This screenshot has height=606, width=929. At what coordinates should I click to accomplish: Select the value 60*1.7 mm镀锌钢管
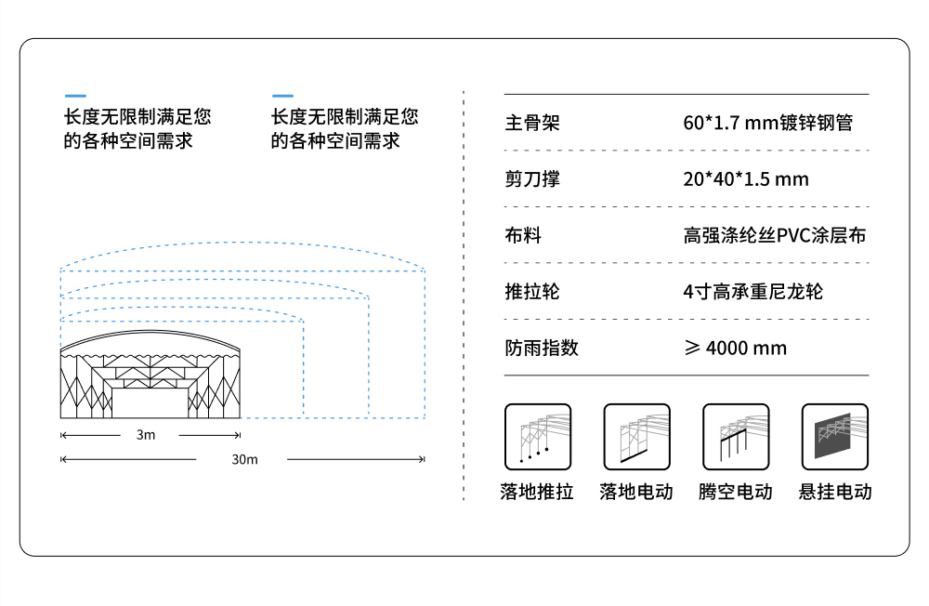pyautogui.click(x=767, y=123)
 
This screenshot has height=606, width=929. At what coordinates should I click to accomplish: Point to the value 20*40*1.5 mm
pyautogui.click(x=746, y=179)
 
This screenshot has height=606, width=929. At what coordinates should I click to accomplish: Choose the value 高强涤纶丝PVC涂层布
pyautogui.click(x=774, y=235)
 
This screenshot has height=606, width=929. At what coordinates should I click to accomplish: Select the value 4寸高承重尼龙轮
pyautogui.click(x=752, y=292)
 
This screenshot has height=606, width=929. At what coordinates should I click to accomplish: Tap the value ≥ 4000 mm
pyautogui.click(x=735, y=349)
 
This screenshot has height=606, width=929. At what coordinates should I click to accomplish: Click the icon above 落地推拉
pyautogui.click(x=538, y=437)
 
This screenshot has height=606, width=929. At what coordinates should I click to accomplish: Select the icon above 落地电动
pyautogui.click(x=636, y=437)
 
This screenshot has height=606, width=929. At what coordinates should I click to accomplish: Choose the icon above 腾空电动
pyautogui.click(x=736, y=437)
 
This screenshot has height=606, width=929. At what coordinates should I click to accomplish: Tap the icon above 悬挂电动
pyautogui.click(x=834, y=437)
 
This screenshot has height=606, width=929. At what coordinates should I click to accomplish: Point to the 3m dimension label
pyautogui.click(x=146, y=435)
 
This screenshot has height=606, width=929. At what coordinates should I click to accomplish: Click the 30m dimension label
pyautogui.click(x=244, y=459)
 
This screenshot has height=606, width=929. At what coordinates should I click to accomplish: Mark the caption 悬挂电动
pyautogui.click(x=835, y=492)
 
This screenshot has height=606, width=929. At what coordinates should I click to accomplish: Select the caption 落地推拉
pyautogui.click(x=537, y=492)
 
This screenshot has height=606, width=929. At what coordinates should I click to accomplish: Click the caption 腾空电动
pyautogui.click(x=736, y=492)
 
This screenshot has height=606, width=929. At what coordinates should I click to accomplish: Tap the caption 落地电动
pyautogui.click(x=636, y=492)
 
